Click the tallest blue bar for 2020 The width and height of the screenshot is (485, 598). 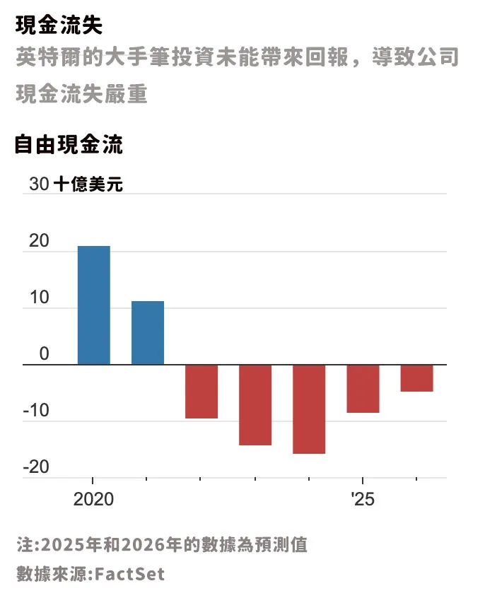coord(93,305)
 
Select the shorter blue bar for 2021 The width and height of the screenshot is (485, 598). coord(147,333)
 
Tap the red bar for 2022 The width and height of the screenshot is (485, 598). coord(201,392)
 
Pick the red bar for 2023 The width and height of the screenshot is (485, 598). coord(255,405)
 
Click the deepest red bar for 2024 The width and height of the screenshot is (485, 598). coord(309,409)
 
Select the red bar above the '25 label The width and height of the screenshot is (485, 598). coord(363,389)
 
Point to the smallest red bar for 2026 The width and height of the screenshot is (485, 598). coord(416,378)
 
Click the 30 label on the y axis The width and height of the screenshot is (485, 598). coord(39,185)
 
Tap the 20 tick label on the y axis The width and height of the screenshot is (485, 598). coord(39,242)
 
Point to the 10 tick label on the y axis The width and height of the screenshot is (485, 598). coord(39,298)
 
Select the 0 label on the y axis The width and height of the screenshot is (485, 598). coord(44,355)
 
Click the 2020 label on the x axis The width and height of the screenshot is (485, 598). coord(93,500)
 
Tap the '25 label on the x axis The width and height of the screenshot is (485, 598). coord(362,500)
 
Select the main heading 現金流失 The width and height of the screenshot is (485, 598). coord(59,25)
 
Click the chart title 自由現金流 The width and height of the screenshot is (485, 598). coord(69,146)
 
